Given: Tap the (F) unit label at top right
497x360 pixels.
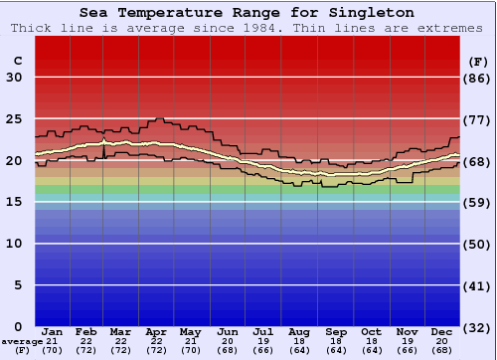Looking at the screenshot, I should pyautogui.click(x=476, y=61).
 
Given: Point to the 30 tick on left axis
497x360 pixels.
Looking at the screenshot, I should pyautogui.click(x=14, y=78).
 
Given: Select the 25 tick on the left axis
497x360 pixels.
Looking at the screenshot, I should pyautogui.click(x=14, y=119).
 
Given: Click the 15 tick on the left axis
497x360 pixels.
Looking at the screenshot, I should pyautogui.click(x=14, y=202).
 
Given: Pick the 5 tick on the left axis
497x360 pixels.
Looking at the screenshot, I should pyautogui.click(x=18, y=285).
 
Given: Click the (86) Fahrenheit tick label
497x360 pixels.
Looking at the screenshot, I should pyautogui.click(x=477, y=78).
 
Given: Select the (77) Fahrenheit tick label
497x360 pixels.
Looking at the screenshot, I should pyautogui.click(x=477, y=119).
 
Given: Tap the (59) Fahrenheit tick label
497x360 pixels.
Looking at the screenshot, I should pyautogui.click(x=477, y=202).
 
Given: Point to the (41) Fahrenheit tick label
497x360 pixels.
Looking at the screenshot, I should pyautogui.click(x=477, y=285).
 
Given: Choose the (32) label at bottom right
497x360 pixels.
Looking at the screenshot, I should pyautogui.click(x=477, y=327).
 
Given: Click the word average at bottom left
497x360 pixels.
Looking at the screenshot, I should pyautogui.click(x=21, y=341).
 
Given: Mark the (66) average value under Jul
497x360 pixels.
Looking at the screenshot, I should pyautogui.click(x=263, y=350).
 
